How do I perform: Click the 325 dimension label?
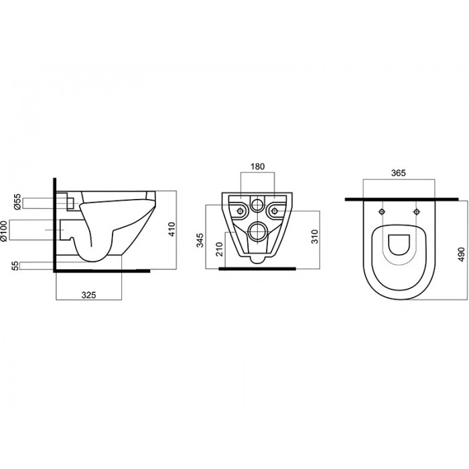pyautogui.click(x=89, y=295)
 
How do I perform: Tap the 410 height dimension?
pyautogui.click(x=172, y=229)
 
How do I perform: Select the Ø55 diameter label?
pyautogui.click(x=18, y=202)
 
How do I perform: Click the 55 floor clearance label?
pyautogui.click(x=15, y=266)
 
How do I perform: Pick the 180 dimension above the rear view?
pyautogui.click(x=257, y=166)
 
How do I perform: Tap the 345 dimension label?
pyautogui.click(x=200, y=240)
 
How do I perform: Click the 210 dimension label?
pyautogui.click(x=220, y=249)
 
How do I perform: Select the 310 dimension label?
pyautogui.click(x=315, y=237)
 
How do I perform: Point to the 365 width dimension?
pyautogui.click(x=399, y=173)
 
